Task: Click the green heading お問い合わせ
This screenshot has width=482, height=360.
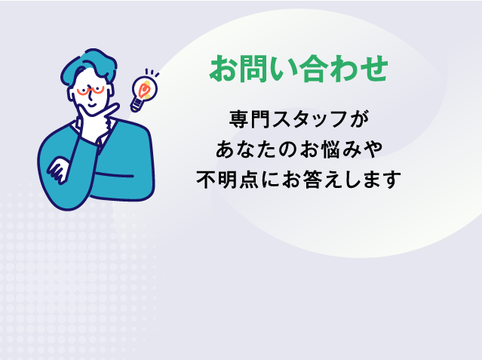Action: [x=299, y=69]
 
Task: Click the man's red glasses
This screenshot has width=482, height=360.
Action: [x=88, y=91]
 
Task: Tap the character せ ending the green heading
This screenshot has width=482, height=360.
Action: [x=373, y=69]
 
